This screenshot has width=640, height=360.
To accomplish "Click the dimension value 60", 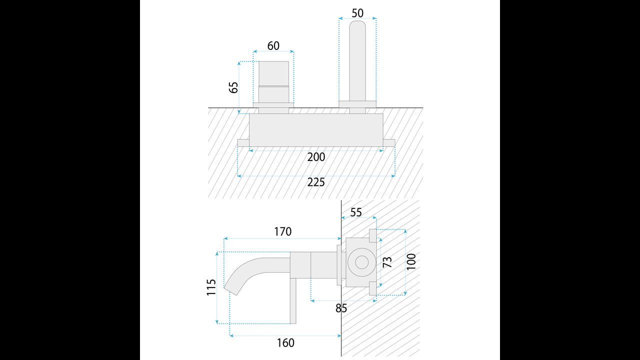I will (x=273, y=46).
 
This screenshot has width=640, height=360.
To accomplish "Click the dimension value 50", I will (x=357, y=13).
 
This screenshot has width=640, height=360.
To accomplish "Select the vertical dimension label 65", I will (x=233, y=87).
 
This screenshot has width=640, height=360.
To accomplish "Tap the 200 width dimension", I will (x=316, y=157).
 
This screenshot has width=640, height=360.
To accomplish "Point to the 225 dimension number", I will (x=316, y=182).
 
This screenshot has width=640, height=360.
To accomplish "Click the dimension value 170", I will (x=282, y=231).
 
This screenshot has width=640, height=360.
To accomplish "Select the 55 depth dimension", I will (x=355, y=212).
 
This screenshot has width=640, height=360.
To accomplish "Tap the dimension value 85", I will (x=341, y=308).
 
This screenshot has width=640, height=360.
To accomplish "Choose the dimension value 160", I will (x=285, y=342).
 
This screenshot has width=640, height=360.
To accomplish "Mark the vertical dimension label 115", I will (x=211, y=287).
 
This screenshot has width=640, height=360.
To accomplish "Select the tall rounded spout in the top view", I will (x=357, y=60).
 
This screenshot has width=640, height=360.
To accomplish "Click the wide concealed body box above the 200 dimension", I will (x=316, y=130).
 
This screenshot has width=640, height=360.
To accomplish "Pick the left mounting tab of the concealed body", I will (x=243, y=143).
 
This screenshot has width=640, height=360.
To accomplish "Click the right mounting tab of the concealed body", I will (x=389, y=143).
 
